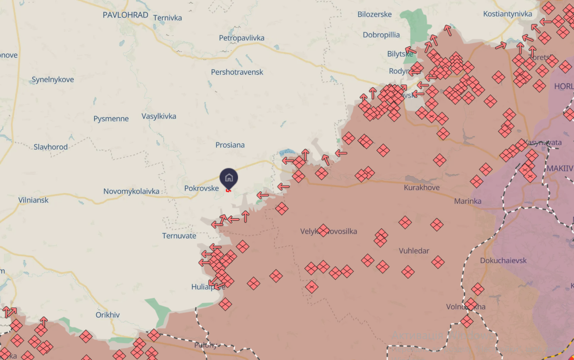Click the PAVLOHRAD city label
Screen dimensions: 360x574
(125, 15)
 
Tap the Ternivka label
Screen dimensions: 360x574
(167, 18)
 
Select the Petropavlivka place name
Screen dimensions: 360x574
(242, 38)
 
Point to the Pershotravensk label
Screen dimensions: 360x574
(237, 72)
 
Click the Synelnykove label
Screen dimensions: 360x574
(53, 80)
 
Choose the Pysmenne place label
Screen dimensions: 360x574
(111, 119)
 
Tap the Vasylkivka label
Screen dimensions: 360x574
(159, 116)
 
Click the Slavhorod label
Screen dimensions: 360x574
(51, 147)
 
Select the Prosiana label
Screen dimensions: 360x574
(230, 145)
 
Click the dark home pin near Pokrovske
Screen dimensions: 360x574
(229, 178)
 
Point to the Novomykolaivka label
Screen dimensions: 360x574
(131, 191)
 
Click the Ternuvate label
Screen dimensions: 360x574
(179, 236)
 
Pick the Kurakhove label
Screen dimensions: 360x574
(421, 188)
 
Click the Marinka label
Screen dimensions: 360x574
(467, 201)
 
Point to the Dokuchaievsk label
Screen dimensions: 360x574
(503, 260)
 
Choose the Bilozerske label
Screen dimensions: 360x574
(374, 14)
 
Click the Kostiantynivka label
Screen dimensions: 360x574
(507, 14)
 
